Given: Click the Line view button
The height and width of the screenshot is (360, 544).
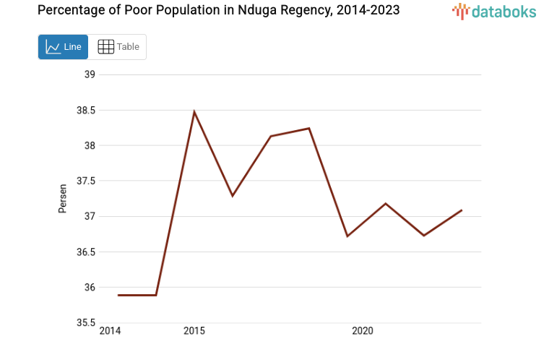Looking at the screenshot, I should pyautogui.click(x=63, y=47).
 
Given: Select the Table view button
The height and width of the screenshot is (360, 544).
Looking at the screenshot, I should pyautogui.click(x=118, y=47).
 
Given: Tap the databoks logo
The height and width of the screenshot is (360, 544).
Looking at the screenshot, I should pyautogui.click(x=494, y=11).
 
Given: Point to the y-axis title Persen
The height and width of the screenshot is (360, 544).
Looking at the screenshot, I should pyautogui.click(x=63, y=198).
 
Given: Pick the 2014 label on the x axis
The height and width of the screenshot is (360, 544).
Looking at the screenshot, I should pyautogui.click(x=110, y=331).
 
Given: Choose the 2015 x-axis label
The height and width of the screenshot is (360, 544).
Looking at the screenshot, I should pyautogui.click(x=194, y=331).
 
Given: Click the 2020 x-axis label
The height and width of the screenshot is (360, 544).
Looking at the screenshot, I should pyautogui.click(x=362, y=331).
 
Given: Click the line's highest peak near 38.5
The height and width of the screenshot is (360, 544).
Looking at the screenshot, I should pyautogui.click(x=194, y=111).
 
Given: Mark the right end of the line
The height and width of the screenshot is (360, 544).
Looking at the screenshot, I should pyautogui.click(x=461, y=210).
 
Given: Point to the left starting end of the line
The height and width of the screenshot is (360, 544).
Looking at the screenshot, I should pyautogui.click(x=118, y=295).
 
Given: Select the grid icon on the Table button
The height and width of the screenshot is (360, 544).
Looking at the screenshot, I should pyautogui.click(x=105, y=47).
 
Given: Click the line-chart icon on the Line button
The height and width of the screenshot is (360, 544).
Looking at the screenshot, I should pyautogui.click(x=53, y=47).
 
